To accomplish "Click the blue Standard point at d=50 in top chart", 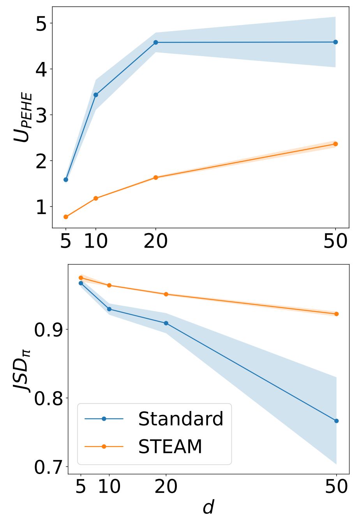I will [335, 42].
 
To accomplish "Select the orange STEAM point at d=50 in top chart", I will [335, 144].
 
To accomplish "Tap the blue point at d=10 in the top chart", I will [96, 95].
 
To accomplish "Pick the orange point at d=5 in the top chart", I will [66, 217].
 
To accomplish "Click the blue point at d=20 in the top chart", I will [156, 42].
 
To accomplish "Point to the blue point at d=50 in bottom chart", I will [337, 421].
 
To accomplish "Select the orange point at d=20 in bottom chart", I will [166, 294].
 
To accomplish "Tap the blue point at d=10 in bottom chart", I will [109, 309].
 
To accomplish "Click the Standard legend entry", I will [180, 419].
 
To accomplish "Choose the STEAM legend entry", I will [170, 446].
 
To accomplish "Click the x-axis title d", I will [208, 507].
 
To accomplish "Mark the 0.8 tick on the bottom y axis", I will [48, 398].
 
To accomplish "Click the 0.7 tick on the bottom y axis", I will [48, 467].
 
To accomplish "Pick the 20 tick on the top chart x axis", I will [156, 242].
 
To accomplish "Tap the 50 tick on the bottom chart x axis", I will [336, 487].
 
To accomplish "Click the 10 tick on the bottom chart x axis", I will [109, 487].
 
